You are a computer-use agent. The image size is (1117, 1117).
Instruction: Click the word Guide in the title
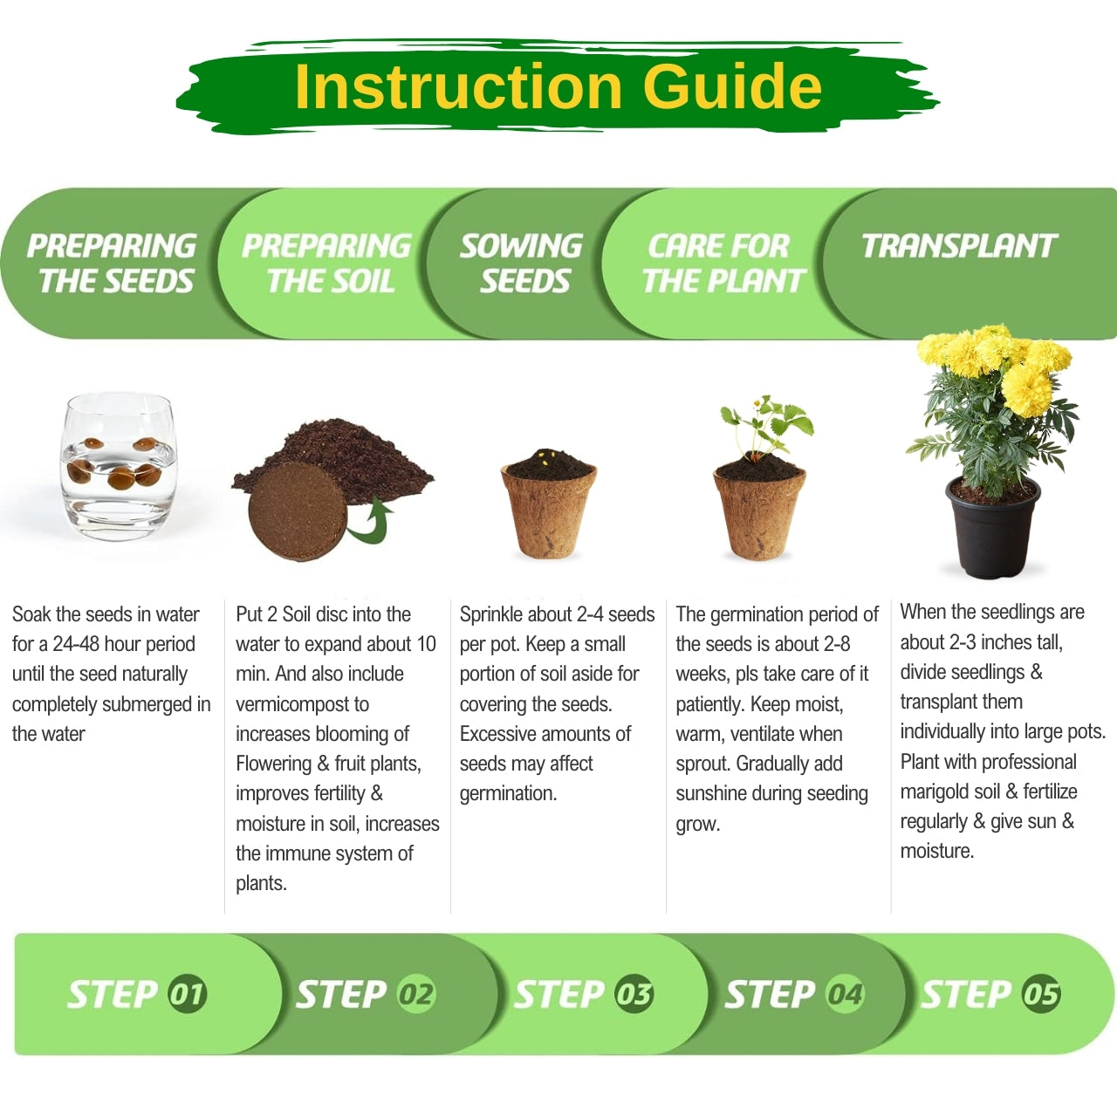(732, 87)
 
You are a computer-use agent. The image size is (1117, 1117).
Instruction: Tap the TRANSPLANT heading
(959, 246)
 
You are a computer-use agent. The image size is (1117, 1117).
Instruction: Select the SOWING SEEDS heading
(522, 264)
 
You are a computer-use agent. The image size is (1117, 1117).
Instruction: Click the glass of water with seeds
(119, 466)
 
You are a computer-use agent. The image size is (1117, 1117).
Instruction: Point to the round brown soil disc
(298, 512)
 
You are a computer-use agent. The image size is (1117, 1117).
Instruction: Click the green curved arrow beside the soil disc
(370, 521)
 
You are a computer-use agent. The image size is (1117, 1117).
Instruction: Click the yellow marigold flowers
(995, 365)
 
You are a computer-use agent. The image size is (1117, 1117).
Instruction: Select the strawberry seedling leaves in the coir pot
(765, 426)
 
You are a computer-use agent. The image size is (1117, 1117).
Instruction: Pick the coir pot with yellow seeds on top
(548, 504)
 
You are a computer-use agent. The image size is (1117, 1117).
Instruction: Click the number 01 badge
(187, 995)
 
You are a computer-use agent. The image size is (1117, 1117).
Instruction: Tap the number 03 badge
(634, 995)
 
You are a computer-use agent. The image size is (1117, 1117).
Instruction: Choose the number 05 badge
(1041, 995)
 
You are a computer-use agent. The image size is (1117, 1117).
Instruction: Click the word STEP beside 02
(341, 995)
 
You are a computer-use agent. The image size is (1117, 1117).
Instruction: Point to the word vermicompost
(302, 704)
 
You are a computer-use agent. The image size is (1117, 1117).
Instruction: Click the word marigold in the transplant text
(934, 791)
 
